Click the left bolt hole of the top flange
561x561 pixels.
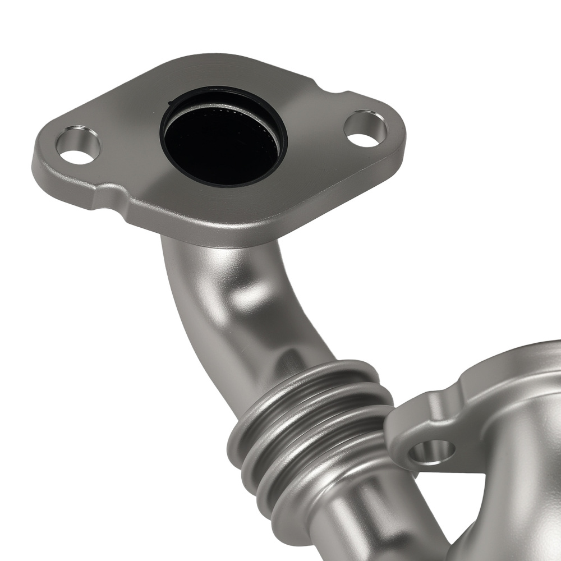[x=78, y=146]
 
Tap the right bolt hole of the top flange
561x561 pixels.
[x=365, y=130]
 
